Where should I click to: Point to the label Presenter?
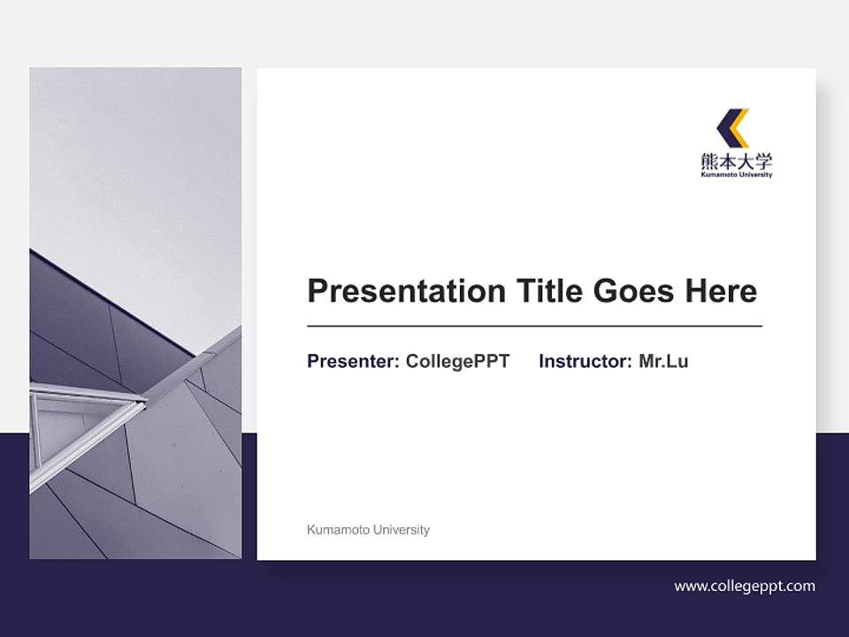[x=353, y=361]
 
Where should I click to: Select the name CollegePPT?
[x=457, y=361]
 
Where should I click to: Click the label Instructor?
[x=585, y=361]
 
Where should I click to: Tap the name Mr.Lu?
[x=663, y=361]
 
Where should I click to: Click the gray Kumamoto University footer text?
[x=368, y=530]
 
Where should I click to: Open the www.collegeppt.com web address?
[x=745, y=586]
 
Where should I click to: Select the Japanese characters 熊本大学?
[x=736, y=161]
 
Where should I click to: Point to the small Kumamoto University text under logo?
[x=736, y=175]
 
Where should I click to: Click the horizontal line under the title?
[x=534, y=326]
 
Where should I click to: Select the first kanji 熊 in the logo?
[x=709, y=161]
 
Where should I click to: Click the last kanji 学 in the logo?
[x=763, y=161]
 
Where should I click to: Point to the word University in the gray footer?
[x=402, y=530]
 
